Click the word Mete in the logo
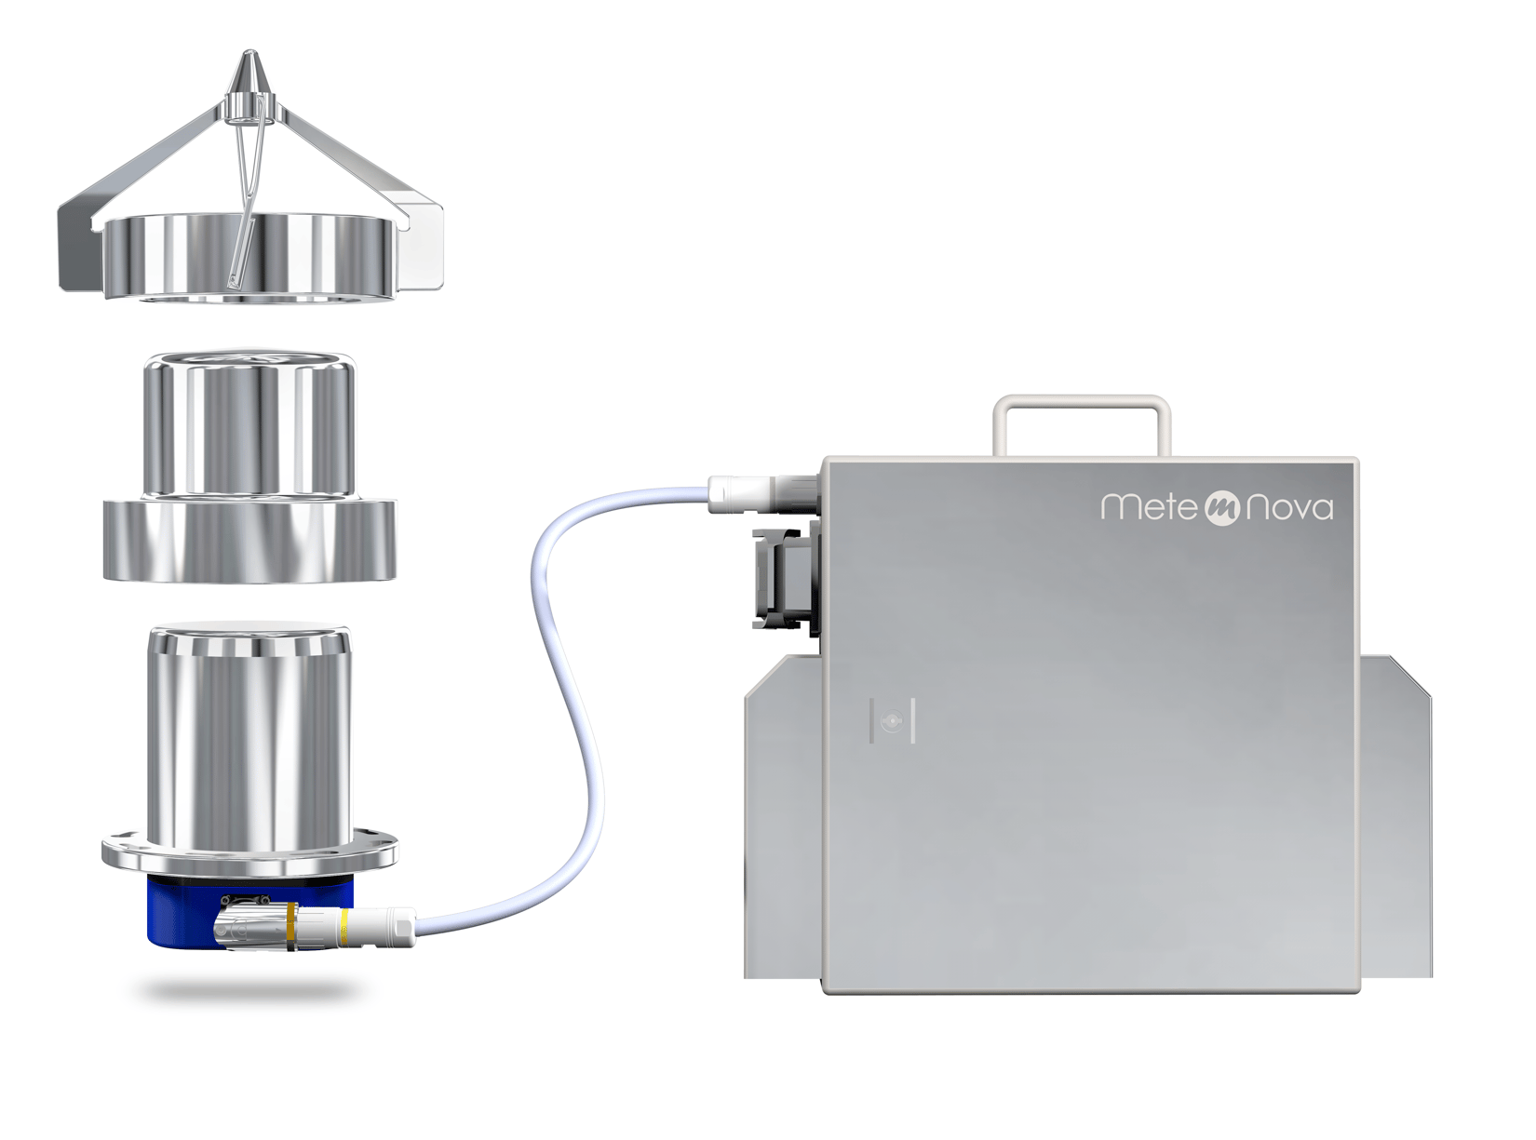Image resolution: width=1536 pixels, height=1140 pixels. [x=1148, y=506]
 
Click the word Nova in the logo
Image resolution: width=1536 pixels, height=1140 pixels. [x=1288, y=508]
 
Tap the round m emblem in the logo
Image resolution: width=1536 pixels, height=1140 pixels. [x=1221, y=508]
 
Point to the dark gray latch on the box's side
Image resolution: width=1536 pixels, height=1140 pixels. [x=786, y=578]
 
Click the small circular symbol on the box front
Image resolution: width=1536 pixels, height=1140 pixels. [x=892, y=721]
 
